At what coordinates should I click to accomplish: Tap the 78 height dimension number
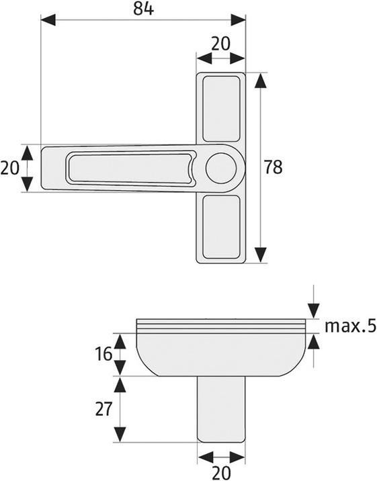pos(273,168)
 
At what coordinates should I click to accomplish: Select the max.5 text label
pos(349,327)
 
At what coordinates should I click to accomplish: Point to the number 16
pos(103,354)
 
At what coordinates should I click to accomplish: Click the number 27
pos(103,409)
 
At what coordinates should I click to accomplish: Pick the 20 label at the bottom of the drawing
pos(221,472)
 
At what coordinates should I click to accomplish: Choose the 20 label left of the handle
pos(9,168)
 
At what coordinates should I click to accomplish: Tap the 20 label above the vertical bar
pos(220,43)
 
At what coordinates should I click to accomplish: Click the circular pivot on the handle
pos(220,168)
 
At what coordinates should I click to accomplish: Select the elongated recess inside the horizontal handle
pos(130,168)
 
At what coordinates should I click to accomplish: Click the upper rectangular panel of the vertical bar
pos(221,109)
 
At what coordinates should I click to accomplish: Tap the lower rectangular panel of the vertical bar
pos(221,227)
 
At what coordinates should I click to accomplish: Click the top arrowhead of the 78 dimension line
pos(260,80)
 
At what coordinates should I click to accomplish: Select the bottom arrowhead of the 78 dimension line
pos(260,255)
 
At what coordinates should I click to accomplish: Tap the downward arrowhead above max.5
pos(313,310)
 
